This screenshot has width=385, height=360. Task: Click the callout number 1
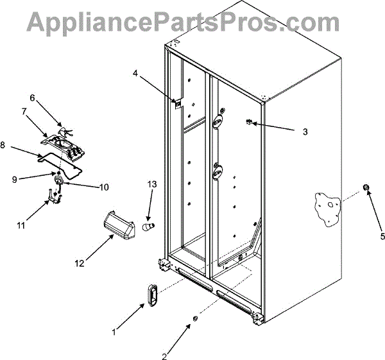114,332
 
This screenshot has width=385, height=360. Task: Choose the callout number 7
24,112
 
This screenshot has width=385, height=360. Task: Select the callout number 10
103,187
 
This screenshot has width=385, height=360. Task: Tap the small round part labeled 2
194,319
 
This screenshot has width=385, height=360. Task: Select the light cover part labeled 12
117,225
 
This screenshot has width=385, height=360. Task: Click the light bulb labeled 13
148,227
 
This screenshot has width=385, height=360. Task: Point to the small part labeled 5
366,187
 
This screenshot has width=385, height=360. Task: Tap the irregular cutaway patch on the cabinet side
329,208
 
